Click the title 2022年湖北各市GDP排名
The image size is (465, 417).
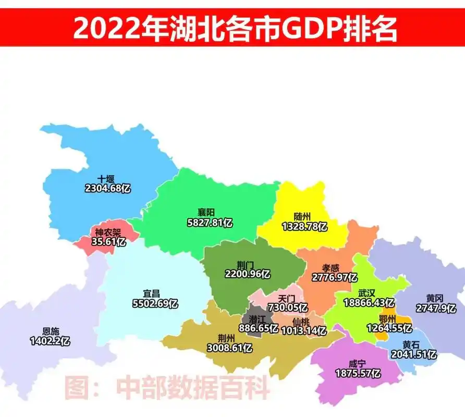click(x=235, y=28)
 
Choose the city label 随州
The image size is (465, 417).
click(x=302, y=217)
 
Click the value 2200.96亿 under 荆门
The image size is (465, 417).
click(x=247, y=273)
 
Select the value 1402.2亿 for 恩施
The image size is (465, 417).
click(x=50, y=341)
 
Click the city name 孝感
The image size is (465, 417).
click(x=332, y=267)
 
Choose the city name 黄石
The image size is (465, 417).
click(x=411, y=345)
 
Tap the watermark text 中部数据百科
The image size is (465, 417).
click(x=193, y=388)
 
